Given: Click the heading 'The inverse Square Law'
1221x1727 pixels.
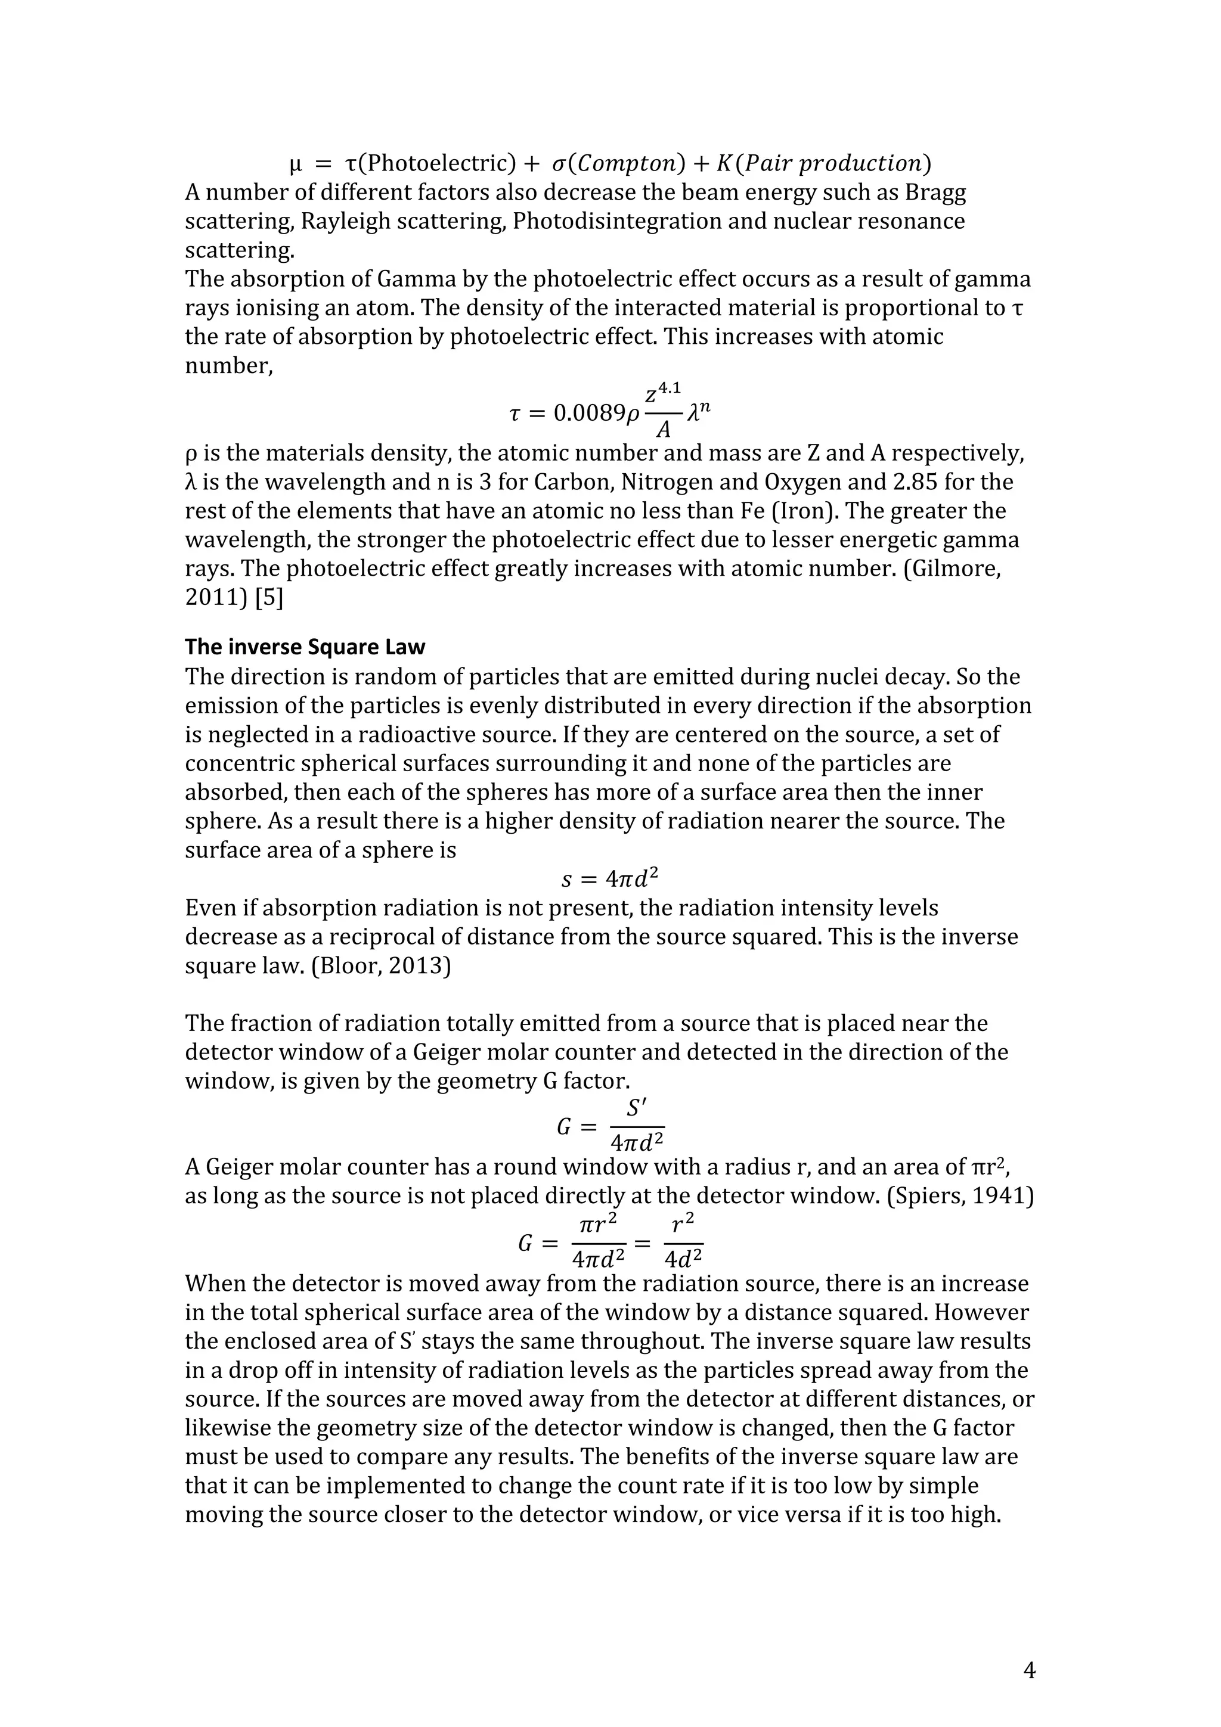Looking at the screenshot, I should [305, 647].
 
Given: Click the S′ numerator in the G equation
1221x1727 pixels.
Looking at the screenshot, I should [637, 1108].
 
